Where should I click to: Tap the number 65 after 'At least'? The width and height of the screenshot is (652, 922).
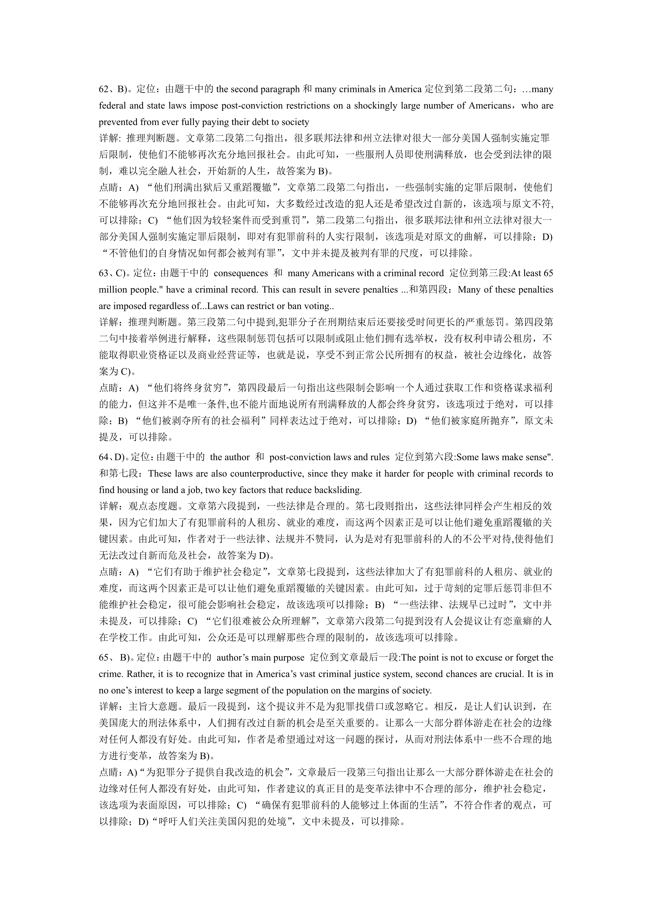click(x=548, y=273)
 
